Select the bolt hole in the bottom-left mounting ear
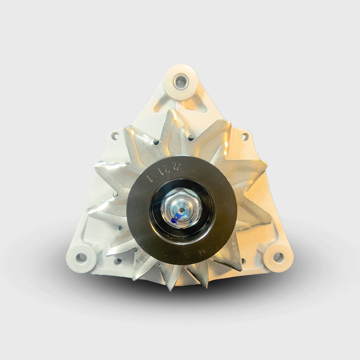(80, 257)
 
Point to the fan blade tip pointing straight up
(171, 112)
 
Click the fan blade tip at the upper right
(229, 123)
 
